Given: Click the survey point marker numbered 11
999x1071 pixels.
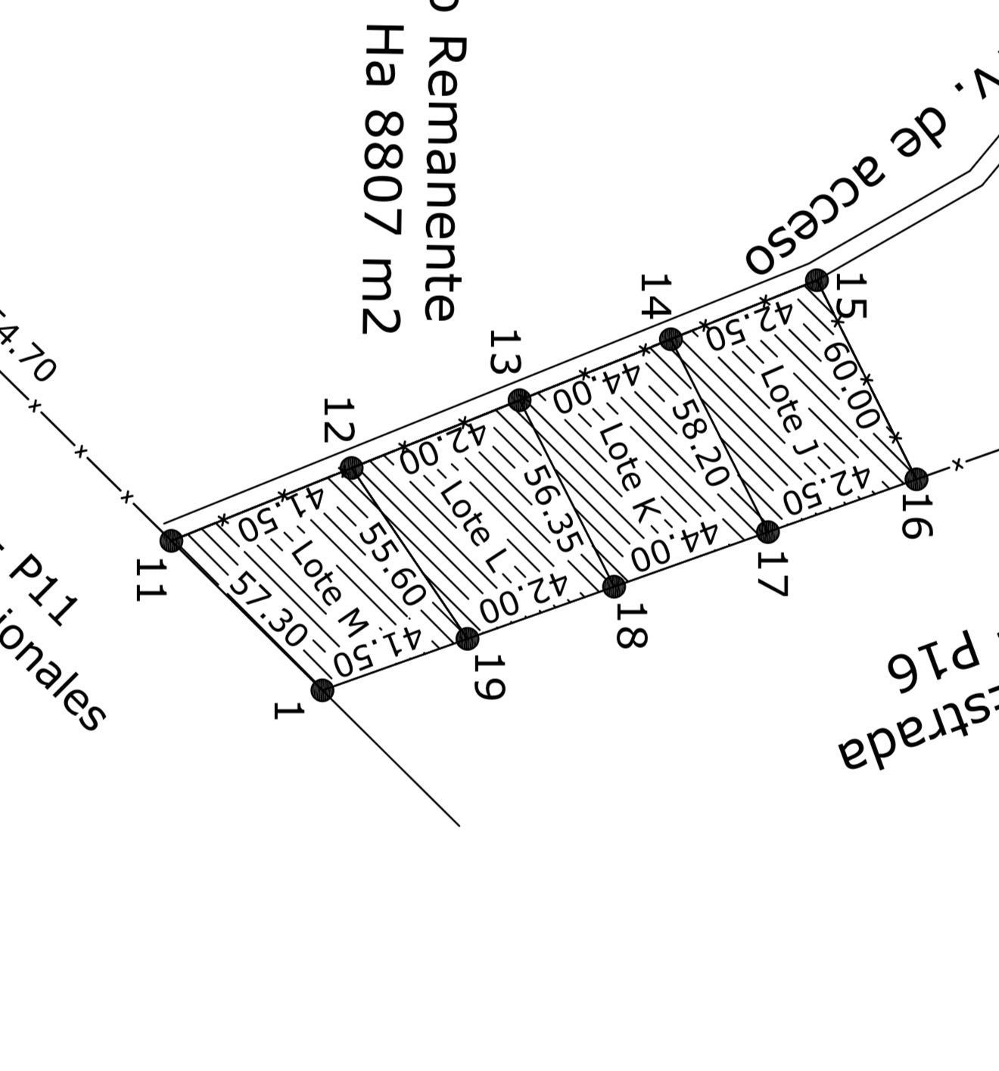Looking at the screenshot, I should click(x=172, y=540).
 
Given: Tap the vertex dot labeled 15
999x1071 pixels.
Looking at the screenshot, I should click(x=817, y=281).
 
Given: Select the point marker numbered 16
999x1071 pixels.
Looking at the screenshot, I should click(x=917, y=478).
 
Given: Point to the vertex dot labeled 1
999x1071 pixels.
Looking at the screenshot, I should click(x=322, y=690).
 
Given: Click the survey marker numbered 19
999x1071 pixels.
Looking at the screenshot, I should click(x=468, y=639).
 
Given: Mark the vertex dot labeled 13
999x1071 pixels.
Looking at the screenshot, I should click(x=519, y=400).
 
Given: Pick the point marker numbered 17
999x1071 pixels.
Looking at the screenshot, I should click(x=768, y=531).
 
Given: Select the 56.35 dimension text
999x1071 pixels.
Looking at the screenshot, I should click(x=554, y=508).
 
